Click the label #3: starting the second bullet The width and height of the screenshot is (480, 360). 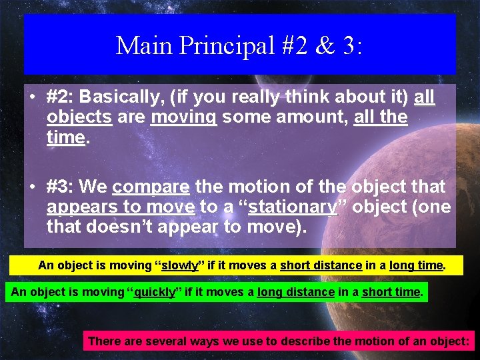63,187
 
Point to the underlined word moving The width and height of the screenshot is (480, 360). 184,118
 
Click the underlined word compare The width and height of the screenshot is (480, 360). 151,187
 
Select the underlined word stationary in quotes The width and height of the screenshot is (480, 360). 293,207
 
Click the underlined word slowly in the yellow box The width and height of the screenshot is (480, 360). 180,265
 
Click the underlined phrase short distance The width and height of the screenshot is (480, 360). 321,265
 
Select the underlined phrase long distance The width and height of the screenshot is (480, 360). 295,292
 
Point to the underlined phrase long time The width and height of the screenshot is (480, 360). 416,265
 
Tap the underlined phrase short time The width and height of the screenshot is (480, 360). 391,292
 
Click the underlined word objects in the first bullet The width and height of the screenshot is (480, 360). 79,118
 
